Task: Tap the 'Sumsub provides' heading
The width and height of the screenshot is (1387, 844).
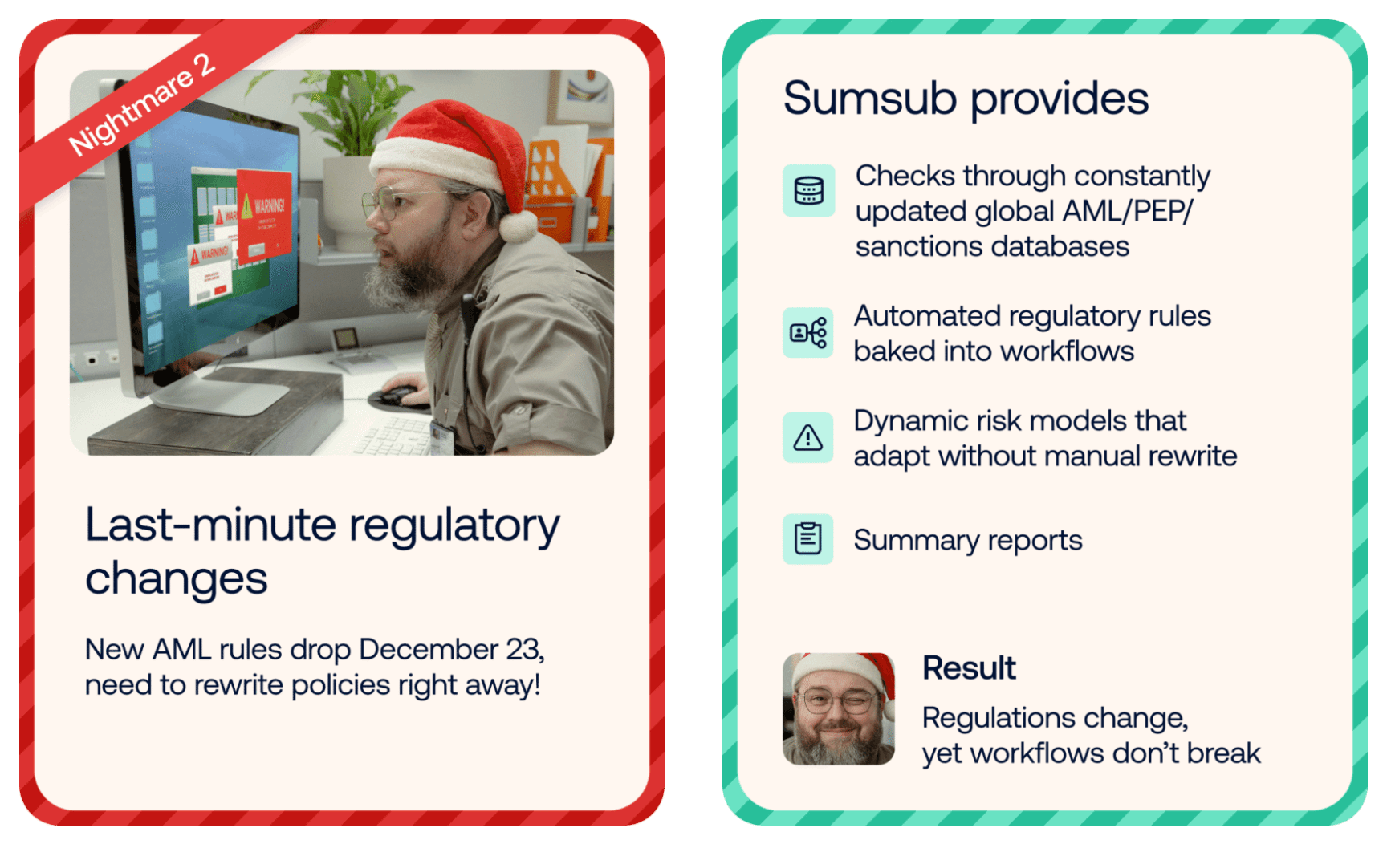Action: click(x=966, y=99)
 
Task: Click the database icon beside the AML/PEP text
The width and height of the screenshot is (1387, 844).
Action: click(x=809, y=191)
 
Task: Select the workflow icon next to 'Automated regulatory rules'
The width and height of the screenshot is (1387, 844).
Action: click(x=808, y=332)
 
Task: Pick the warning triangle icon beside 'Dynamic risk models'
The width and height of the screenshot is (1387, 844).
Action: click(x=808, y=437)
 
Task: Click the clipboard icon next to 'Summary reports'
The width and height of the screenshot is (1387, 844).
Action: click(x=808, y=539)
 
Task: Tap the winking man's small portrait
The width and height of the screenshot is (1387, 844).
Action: click(x=839, y=708)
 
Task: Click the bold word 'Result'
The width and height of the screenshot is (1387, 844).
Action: click(x=969, y=668)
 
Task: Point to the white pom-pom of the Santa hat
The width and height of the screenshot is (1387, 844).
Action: click(x=518, y=227)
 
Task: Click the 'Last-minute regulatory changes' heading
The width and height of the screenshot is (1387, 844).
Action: click(x=323, y=551)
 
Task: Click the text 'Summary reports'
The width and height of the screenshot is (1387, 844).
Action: click(x=968, y=540)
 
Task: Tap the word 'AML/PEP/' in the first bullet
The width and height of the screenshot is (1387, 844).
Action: click(x=1128, y=212)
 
